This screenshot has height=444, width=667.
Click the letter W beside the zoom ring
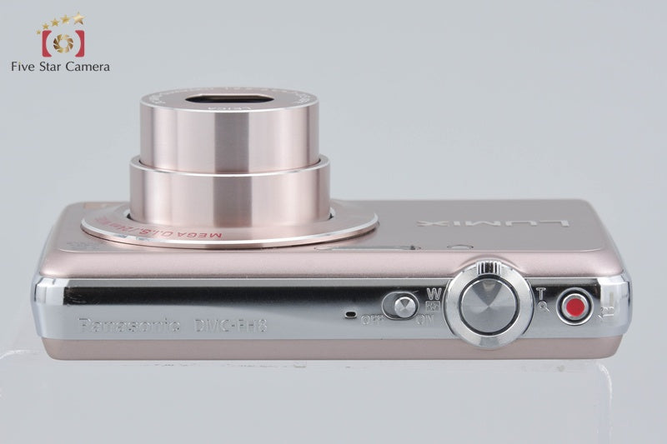click(434, 293)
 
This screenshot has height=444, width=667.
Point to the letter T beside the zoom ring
click(541, 292)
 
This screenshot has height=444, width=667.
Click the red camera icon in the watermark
click(63, 42)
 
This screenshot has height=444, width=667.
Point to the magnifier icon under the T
click(544, 306)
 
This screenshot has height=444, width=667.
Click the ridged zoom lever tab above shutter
click(489, 267)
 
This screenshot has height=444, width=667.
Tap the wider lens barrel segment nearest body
click(228, 187)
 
